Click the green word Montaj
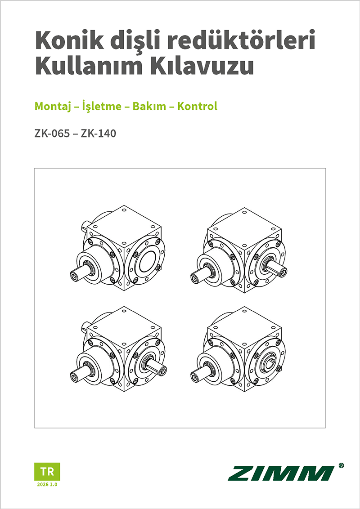(x=51, y=106)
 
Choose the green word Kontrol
(x=197, y=106)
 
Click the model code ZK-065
(x=52, y=134)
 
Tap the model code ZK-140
(x=99, y=134)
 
